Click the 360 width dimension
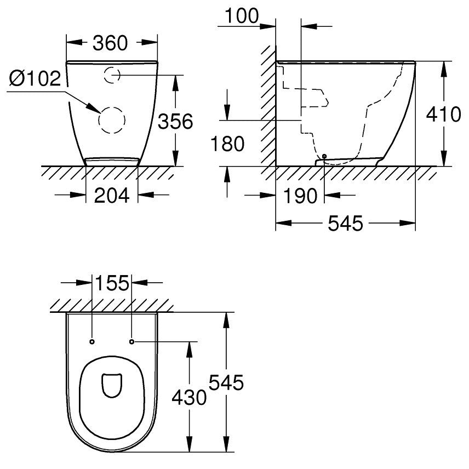pos(110,43)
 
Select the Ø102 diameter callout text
pos(35,79)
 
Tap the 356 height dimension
pos(175,122)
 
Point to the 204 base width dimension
pos(112,195)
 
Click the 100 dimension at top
pos(242,15)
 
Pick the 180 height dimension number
pos(227,144)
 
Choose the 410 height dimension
pos(443,114)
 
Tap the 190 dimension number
pos(300,196)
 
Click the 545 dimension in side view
pos(346,223)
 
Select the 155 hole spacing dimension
pos(112,283)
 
